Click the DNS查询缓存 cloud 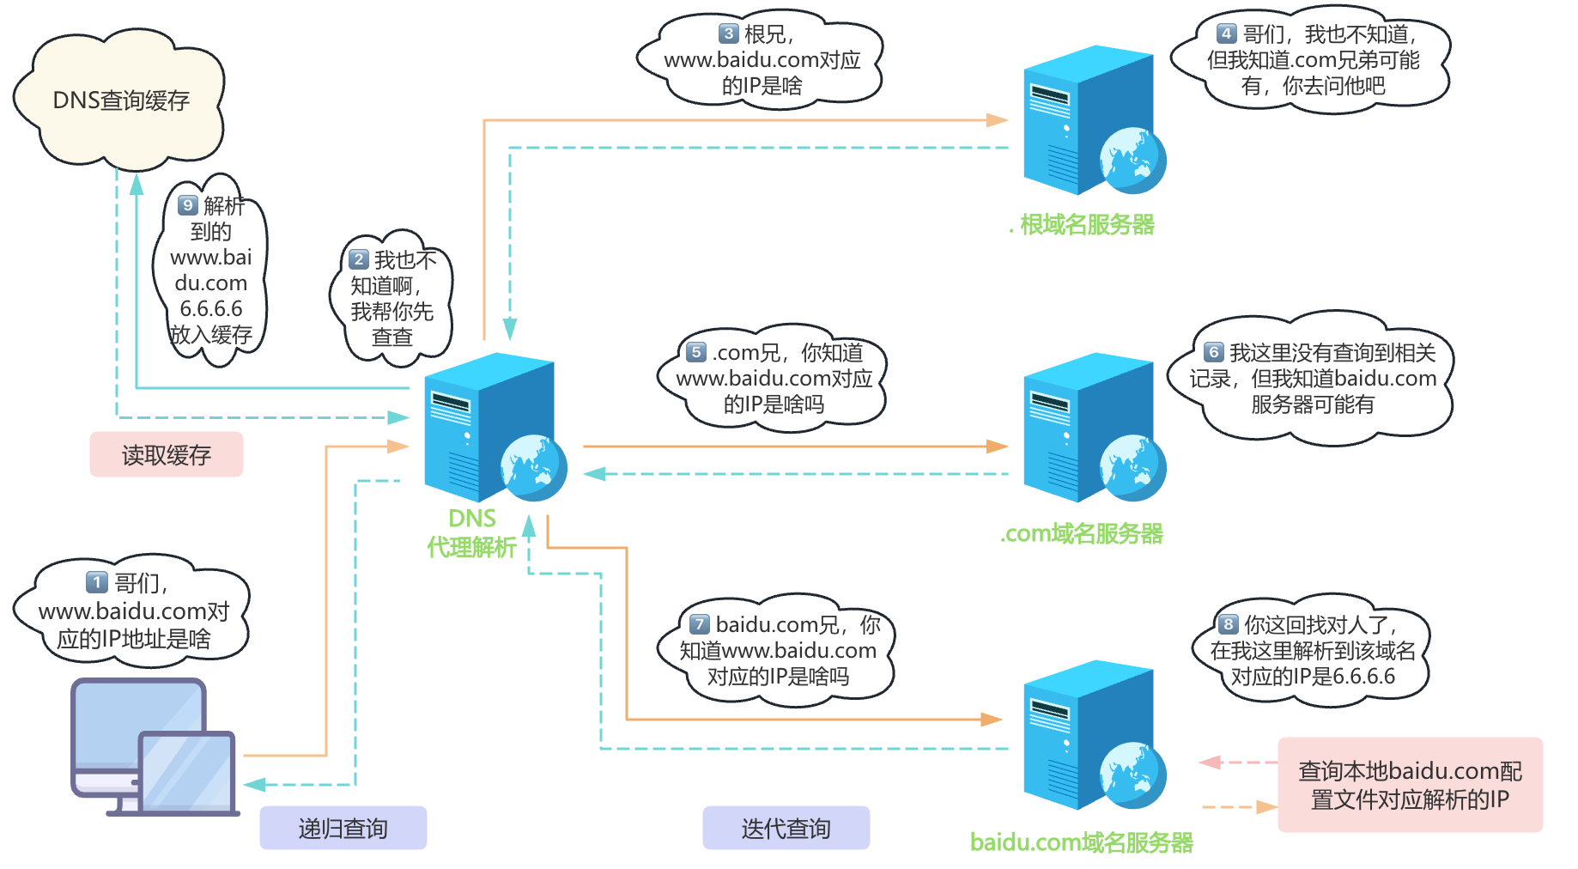click(120, 100)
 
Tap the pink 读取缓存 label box click(167, 454)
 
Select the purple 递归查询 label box click(343, 828)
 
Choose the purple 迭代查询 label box click(786, 828)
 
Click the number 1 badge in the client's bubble click(97, 582)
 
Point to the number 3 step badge click(728, 33)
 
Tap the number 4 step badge click(1226, 33)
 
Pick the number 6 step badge click(1213, 352)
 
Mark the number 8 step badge click(1228, 624)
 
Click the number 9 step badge click(188, 205)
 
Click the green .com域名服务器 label click(1082, 534)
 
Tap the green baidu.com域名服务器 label click(1082, 842)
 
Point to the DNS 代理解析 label click(471, 533)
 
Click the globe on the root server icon click(1133, 161)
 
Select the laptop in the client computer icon click(188, 773)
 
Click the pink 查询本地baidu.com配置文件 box click(1410, 785)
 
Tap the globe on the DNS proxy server click(534, 468)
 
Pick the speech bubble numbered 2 click(391, 297)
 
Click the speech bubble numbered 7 click(778, 650)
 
